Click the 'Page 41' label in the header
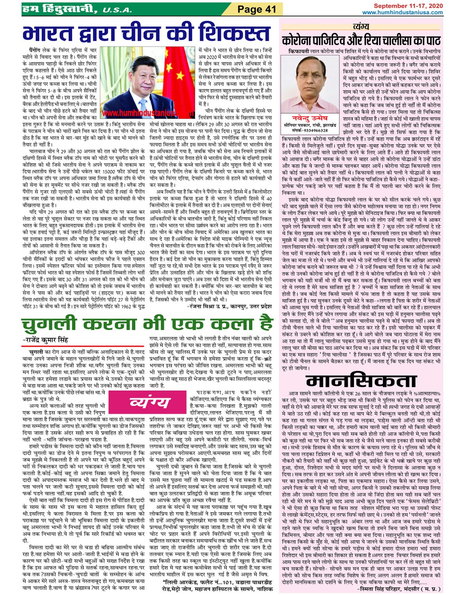pos(257,9)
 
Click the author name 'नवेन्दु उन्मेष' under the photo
pos(310,118)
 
